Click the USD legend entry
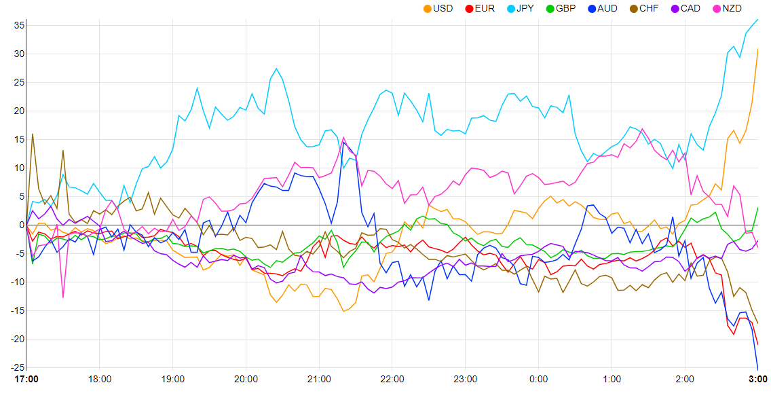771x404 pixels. (x=438, y=8)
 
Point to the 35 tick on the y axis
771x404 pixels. (x=19, y=25)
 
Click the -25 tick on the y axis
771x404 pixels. (x=18, y=367)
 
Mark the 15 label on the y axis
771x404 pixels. (x=19, y=139)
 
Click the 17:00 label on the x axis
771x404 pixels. (x=26, y=379)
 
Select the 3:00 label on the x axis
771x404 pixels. (x=757, y=379)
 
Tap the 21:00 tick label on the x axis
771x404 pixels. (x=319, y=379)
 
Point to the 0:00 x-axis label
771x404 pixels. (x=538, y=379)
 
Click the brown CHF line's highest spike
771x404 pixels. (x=33, y=134)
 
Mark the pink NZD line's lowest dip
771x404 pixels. (x=63, y=297)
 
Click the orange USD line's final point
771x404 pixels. (x=757, y=49)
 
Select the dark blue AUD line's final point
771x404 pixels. (x=757, y=369)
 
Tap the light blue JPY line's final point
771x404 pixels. (x=757, y=20)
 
